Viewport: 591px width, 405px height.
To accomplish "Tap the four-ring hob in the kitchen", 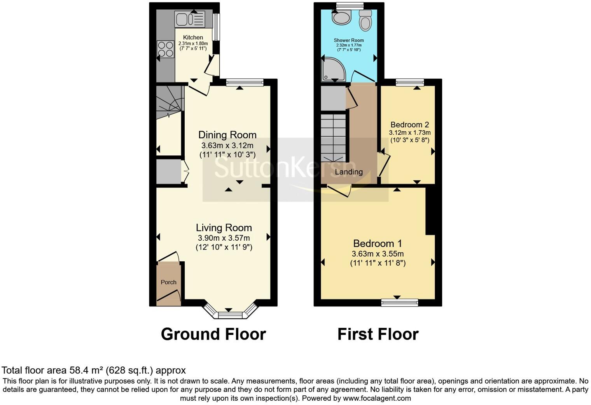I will coord(165,49).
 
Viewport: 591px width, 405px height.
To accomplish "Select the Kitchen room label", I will coord(193,38).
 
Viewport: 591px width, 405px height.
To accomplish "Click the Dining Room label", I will coord(227,135).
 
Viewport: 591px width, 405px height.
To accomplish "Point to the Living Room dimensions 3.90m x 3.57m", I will coord(224,238).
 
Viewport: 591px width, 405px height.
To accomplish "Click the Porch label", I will coord(168,282).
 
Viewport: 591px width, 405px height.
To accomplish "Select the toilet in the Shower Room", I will coord(365,20).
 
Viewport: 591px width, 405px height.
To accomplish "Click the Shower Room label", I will coord(349,40).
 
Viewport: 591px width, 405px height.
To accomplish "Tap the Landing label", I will coord(349,172).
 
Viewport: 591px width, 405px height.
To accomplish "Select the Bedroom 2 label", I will coord(409,125).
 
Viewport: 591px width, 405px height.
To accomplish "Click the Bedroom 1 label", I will coord(378,243).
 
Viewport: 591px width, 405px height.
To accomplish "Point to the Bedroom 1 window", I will coord(400,302).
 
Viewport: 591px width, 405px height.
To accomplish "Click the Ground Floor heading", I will coord(213,334).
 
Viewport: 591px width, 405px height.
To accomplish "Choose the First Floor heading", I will coord(378,334).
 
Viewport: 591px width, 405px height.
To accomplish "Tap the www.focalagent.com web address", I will coord(376,398).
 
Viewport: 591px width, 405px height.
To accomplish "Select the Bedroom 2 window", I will coord(410,82).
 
